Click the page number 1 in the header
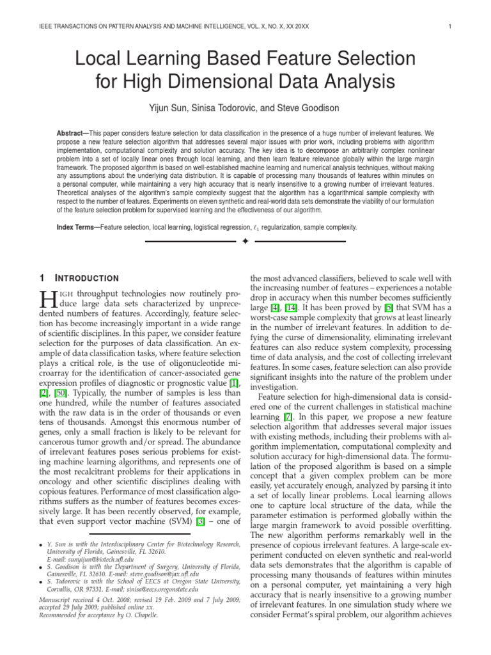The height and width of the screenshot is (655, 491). (x=451, y=26)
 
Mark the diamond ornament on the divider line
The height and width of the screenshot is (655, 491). (x=245, y=242)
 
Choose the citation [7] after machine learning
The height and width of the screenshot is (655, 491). (x=288, y=416)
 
